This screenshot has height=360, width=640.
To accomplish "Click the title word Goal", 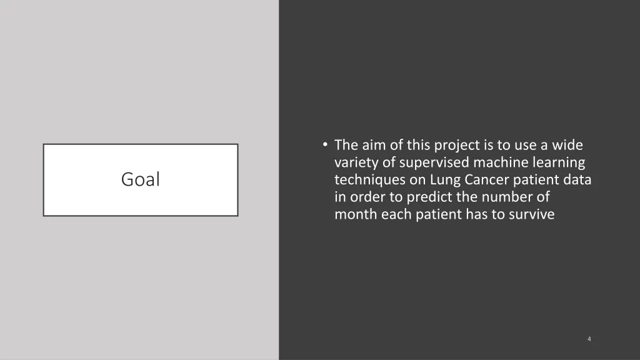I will point(140,180).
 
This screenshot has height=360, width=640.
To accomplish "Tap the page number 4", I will point(589,339).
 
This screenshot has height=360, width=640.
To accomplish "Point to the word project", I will point(457,146).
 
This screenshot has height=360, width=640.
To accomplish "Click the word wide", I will point(568,146).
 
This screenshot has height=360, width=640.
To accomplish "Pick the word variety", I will point(356,163).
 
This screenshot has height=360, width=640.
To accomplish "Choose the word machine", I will point(499,163).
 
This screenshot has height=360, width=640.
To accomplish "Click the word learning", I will point(556,163).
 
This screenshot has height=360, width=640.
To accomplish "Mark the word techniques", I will point(364,181).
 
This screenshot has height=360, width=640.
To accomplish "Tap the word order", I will point(365,198).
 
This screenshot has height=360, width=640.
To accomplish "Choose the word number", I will point(501,198).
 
